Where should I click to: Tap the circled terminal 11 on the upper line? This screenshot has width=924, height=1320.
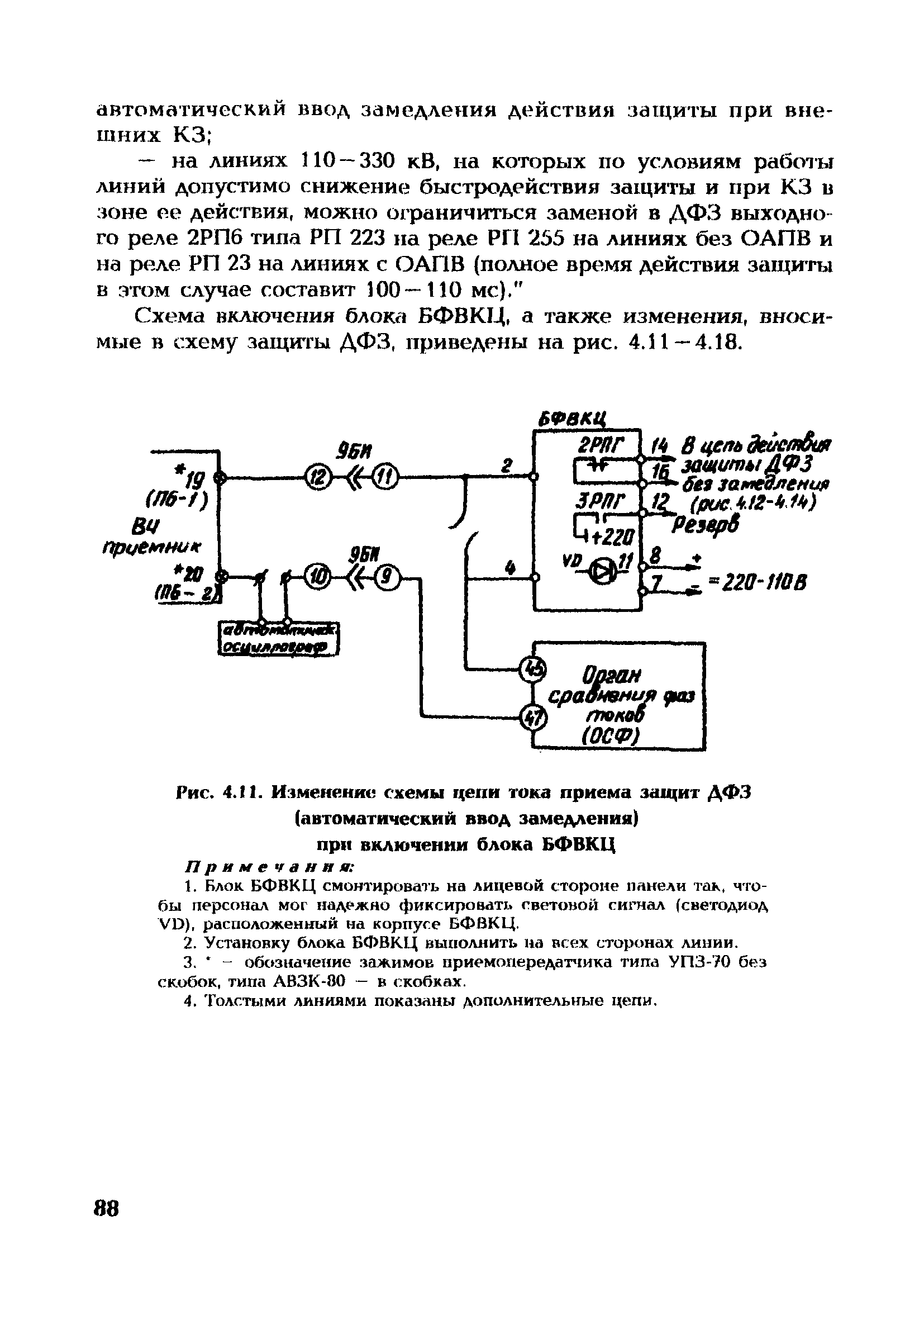(x=383, y=476)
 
